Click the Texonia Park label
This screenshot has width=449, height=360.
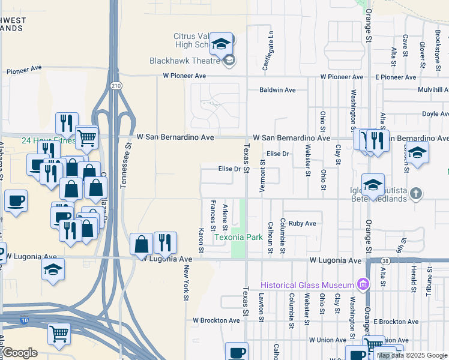point(239,237)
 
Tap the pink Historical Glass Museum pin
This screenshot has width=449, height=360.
point(363,284)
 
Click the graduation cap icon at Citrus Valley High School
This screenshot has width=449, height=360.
point(221,44)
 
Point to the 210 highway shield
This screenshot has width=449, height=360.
point(116,85)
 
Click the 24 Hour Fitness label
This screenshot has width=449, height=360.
point(41,141)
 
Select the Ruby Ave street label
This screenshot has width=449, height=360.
point(302,223)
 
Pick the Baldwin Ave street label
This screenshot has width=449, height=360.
point(277,90)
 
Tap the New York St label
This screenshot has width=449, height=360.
point(187,282)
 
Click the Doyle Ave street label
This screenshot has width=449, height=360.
point(435,113)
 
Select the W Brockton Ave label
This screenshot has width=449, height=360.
point(216,321)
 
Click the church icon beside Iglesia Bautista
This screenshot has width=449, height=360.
point(417,194)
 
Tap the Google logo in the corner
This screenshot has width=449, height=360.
point(20,353)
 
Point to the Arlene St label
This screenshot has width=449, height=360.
point(225,217)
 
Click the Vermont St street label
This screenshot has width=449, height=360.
point(262,175)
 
